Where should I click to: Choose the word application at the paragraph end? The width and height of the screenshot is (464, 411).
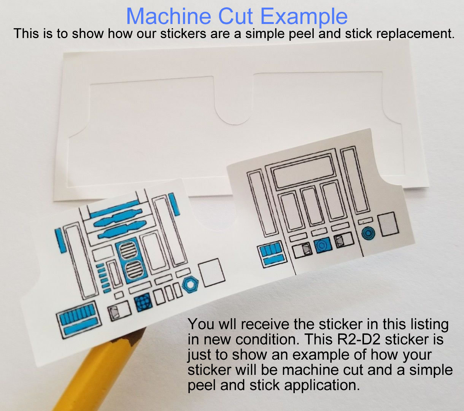point(321,385)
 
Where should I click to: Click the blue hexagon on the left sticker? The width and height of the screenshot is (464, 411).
point(190,284)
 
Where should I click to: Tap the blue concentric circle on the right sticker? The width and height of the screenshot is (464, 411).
point(368,233)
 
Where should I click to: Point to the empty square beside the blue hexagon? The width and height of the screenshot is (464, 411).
point(211,272)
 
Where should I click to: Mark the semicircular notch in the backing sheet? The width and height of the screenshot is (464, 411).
point(233,112)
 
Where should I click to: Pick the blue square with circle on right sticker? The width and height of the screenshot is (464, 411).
point(323,245)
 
